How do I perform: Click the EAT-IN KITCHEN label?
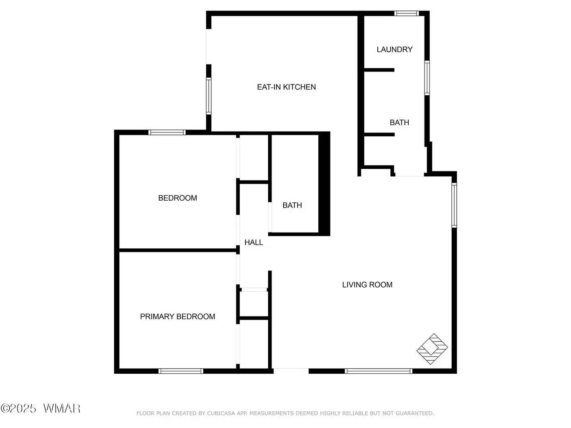(286, 87)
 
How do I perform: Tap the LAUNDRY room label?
(394, 49)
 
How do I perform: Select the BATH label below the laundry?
(399, 122)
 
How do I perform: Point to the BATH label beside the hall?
(292, 205)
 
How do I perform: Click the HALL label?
(253, 242)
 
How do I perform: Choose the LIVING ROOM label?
(367, 285)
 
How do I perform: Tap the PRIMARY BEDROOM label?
(177, 316)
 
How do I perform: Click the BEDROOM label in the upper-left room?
(177, 198)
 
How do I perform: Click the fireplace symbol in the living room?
(433, 349)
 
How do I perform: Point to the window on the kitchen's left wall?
(208, 96)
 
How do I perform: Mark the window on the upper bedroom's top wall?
(167, 132)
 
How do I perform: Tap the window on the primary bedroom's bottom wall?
(181, 371)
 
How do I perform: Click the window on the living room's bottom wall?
(379, 371)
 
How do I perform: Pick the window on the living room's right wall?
(454, 205)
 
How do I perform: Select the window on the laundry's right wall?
(427, 78)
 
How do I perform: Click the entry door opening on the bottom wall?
(291, 370)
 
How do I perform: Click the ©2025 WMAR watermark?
(40, 408)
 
